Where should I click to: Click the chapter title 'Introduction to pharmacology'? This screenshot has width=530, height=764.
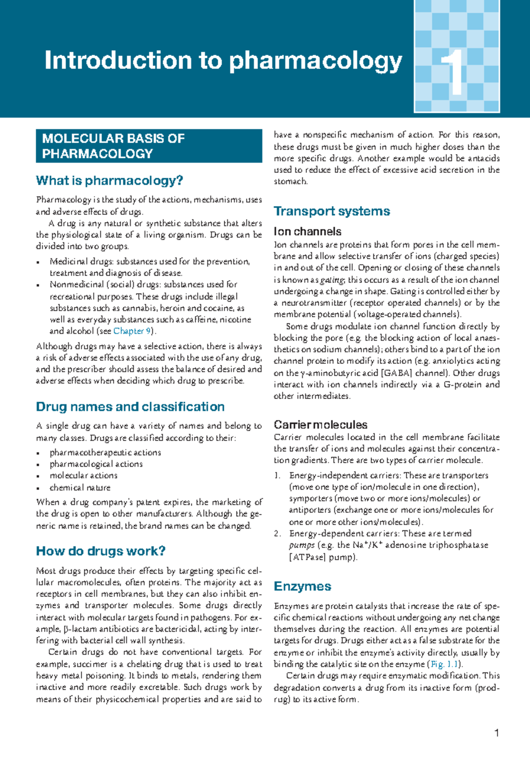click(223, 61)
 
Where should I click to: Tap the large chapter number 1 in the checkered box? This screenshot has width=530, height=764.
click(454, 73)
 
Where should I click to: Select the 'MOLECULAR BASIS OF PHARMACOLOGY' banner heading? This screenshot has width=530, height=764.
click(113, 146)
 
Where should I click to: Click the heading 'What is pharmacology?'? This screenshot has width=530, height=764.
click(110, 180)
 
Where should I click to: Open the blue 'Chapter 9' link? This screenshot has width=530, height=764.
click(132, 331)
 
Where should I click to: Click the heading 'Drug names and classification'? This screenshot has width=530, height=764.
click(130, 406)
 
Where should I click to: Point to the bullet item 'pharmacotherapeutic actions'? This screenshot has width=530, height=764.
click(105, 453)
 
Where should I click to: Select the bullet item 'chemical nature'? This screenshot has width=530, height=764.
click(80, 487)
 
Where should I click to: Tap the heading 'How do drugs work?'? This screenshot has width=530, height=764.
click(101, 551)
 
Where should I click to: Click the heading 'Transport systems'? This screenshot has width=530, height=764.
click(332, 211)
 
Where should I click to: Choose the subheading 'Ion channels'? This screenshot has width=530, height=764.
click(307, 232)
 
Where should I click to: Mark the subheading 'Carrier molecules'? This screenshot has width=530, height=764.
click(320, 425)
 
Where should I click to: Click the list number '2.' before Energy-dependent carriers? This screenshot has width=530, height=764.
click(277, 534)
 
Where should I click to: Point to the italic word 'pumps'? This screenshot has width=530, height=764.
click(302, 545)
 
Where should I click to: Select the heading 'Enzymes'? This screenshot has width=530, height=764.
click(302, 586)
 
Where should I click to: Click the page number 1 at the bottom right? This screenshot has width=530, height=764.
click(497, 733)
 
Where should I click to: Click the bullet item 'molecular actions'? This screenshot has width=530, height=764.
click(83, 476)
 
